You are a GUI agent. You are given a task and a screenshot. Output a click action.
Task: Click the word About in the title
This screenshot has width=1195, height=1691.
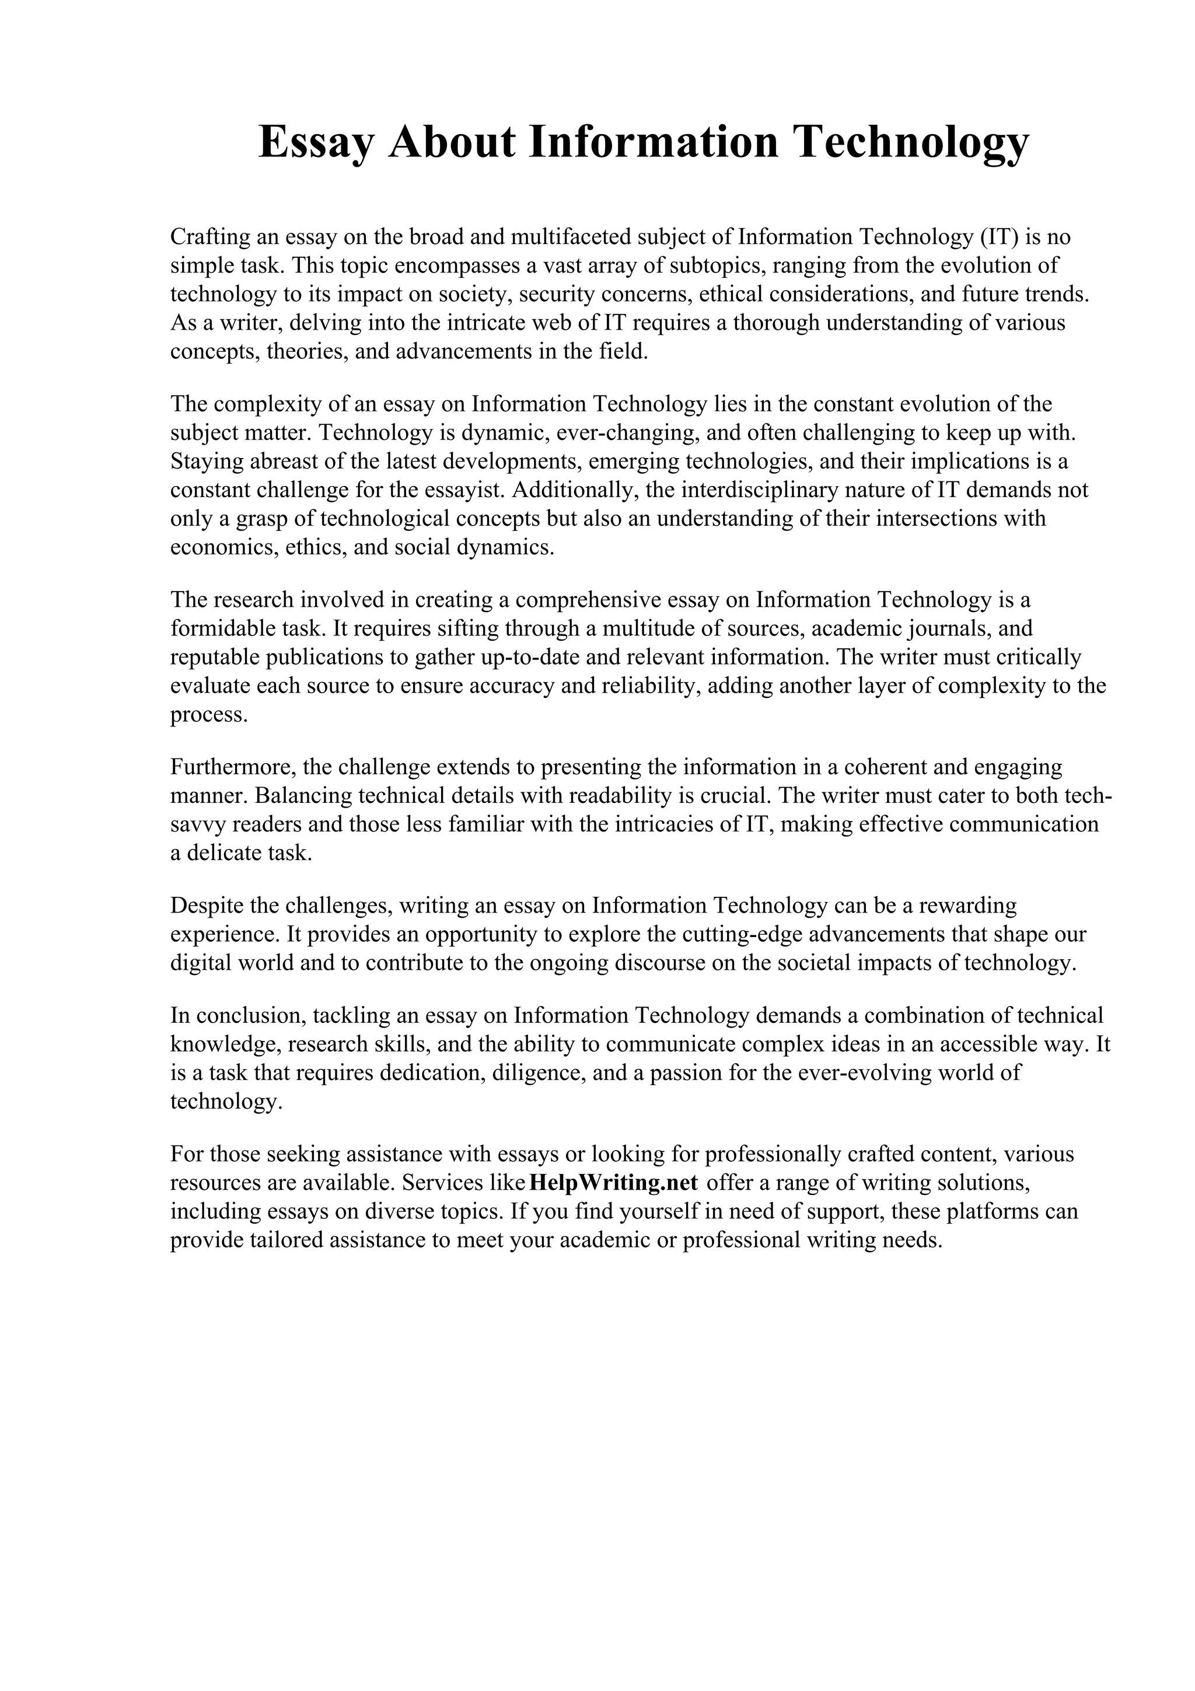(x=452, y=142)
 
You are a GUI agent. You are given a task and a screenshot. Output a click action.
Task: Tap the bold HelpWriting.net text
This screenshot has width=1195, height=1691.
(x=613, y=1183)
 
